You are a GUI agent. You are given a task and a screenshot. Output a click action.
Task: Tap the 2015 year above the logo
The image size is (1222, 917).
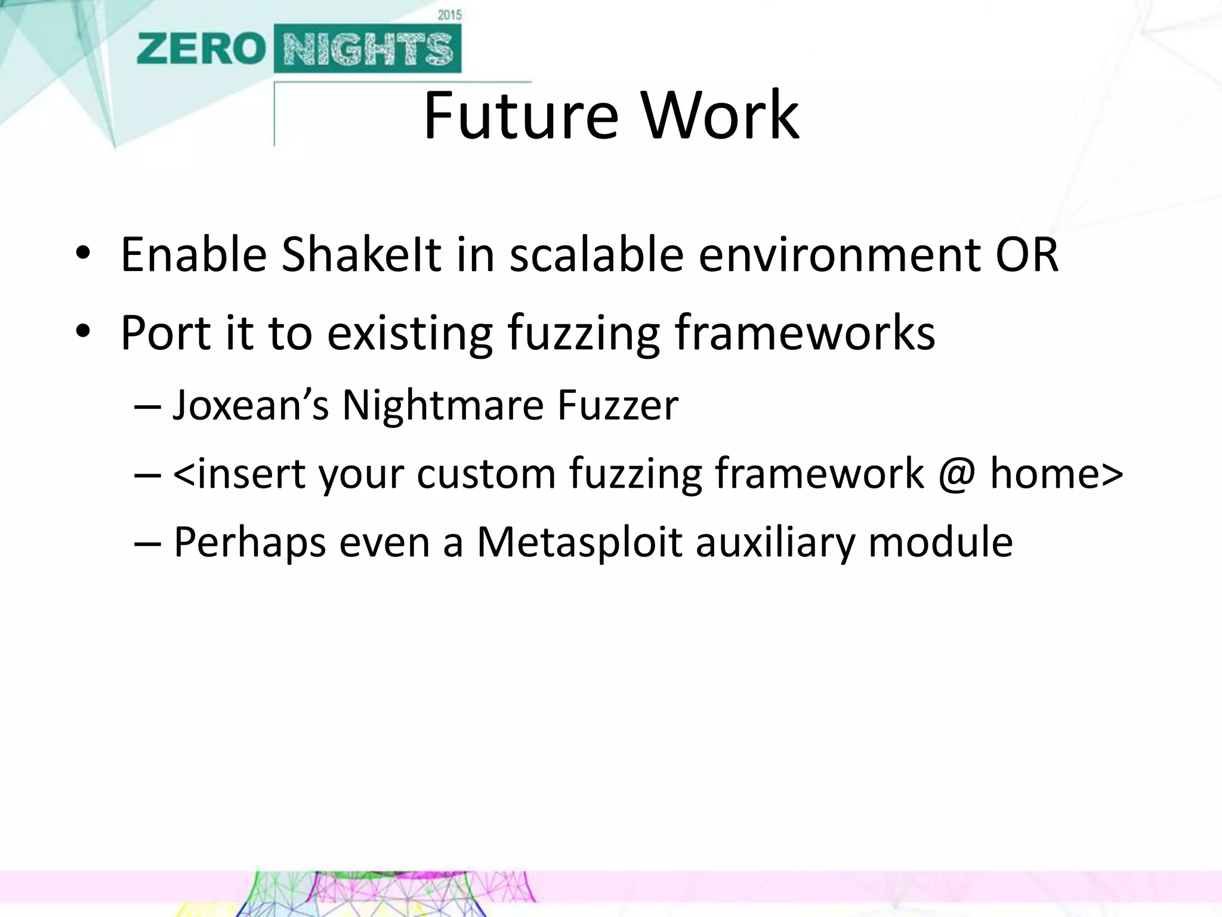449,15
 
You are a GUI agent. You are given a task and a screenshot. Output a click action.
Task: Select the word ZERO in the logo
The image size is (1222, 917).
200,49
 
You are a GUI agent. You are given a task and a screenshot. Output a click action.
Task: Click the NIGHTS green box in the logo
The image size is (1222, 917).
368,49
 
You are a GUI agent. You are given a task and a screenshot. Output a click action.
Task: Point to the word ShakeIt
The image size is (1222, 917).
361,255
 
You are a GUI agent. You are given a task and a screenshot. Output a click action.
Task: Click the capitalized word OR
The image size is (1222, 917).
1027,255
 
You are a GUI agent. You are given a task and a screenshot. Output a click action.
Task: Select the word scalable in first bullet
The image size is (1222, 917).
596,255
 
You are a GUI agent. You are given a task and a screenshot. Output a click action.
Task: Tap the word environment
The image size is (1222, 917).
839,255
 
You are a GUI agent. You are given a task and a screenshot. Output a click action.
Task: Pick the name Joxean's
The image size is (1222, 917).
251,406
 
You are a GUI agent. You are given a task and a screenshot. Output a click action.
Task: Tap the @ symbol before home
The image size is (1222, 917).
956,475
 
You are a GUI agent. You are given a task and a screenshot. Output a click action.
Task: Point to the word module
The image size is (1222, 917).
940,543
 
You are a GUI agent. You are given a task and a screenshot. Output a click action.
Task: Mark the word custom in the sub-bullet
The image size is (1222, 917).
486,475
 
